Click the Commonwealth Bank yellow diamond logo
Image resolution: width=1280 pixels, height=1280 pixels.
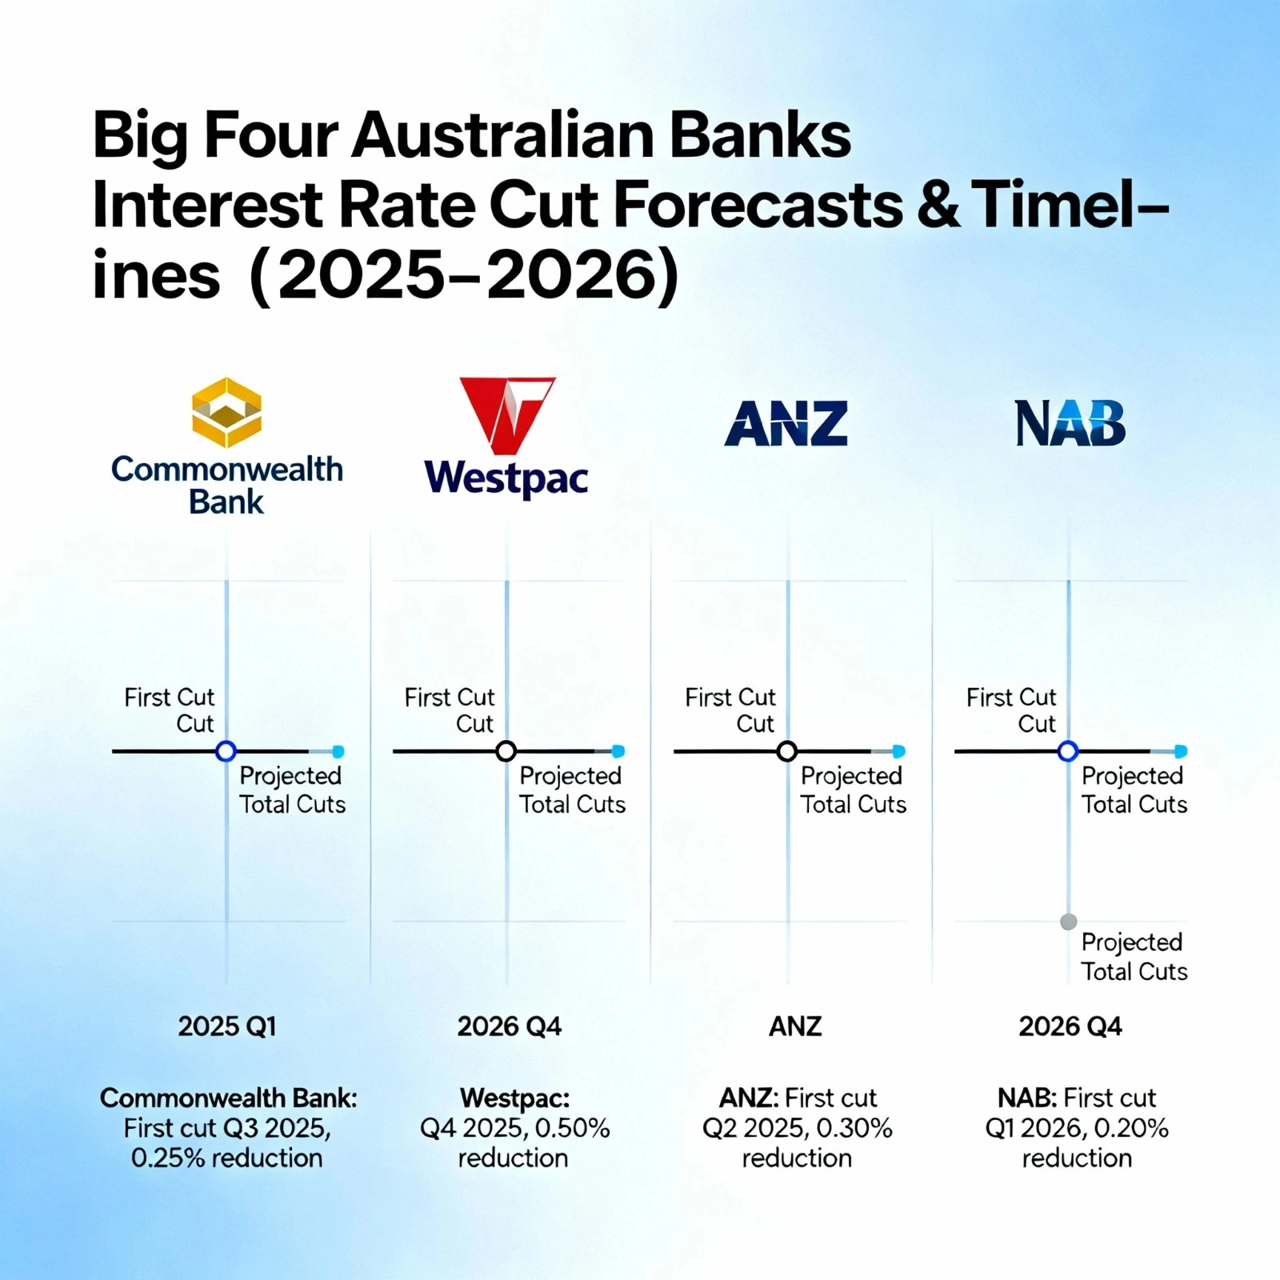point(227,412)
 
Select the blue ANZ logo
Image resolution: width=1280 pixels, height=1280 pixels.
point(786,424)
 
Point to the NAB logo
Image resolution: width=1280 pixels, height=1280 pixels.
point(1070,423)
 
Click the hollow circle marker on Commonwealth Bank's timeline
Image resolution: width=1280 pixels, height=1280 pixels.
point(226,751)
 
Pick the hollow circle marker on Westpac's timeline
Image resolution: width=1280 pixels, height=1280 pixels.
point(506,751)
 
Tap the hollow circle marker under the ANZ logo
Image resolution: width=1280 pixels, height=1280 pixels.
point(787,751)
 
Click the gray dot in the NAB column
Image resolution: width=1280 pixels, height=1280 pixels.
point(1068,922)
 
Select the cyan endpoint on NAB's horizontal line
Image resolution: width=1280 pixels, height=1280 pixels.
point(1182,751)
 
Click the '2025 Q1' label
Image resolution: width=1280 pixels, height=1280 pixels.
point(227,1026)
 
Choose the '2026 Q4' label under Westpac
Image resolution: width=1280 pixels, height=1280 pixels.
point(510,1026)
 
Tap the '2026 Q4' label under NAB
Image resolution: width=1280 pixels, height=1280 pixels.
point(1070,1026)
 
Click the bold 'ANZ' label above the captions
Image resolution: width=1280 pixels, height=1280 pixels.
point(795,1026)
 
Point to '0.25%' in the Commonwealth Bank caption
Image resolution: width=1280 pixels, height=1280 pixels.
point(168,1158)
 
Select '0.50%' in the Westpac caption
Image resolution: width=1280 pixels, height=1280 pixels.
point(572,1128)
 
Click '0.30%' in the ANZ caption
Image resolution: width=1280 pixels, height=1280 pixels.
point(854,1128)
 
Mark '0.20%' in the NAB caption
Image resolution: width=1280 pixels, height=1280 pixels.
point(1131,1128)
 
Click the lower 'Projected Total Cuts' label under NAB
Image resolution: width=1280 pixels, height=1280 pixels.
point(1134,957)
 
